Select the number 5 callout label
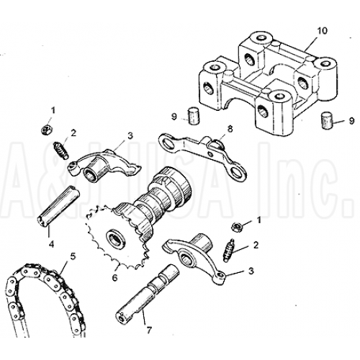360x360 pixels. point(72,256)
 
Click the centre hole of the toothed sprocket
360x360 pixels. point(114,235)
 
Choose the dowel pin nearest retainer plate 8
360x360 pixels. point(192,115)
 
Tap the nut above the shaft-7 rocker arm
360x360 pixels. point(234,226)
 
